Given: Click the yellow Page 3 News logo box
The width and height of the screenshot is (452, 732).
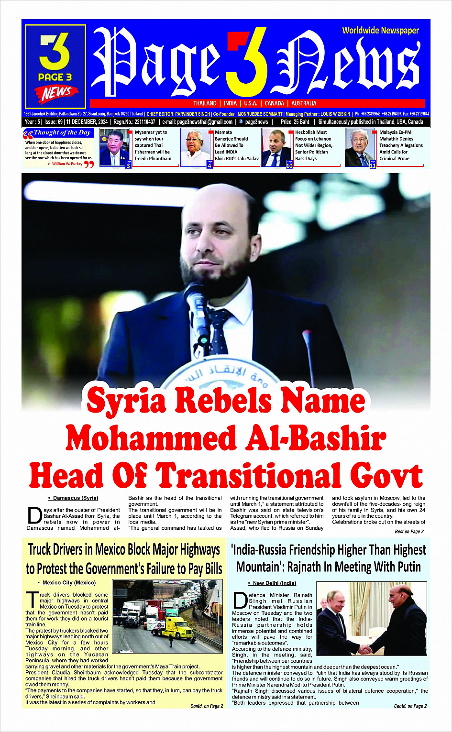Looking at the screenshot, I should click(55, 66).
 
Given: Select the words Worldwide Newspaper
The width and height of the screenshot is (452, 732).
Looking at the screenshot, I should click(380, 31).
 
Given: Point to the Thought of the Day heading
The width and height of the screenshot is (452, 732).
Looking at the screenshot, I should click(62, 132).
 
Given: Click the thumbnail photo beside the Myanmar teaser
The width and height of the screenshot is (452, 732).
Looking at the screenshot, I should click(114, 147).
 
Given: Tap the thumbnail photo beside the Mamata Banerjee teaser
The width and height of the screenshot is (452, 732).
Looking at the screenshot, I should click(196, 147).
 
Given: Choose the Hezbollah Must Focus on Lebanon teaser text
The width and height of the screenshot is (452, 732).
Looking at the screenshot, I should click(313, 145).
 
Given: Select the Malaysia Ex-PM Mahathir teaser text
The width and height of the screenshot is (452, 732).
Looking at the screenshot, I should click(401, 145).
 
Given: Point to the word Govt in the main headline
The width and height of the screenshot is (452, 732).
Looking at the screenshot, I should click(386, 476).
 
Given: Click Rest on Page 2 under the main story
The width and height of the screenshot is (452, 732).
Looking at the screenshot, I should click(409, 532).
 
